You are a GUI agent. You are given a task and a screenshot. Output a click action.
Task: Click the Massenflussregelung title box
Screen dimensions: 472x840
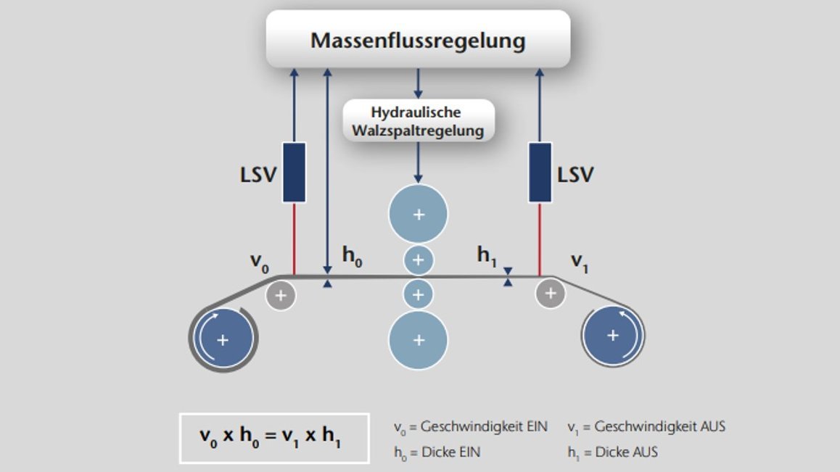coord(418,39)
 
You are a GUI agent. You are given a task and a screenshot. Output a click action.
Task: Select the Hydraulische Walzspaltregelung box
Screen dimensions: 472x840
coord(417,121)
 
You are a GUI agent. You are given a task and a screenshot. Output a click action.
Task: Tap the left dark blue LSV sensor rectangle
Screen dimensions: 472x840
coord(294,172)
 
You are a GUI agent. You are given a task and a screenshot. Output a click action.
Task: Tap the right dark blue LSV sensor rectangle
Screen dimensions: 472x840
coord(540,172)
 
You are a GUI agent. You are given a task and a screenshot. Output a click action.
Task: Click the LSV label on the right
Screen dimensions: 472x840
coord(575,175)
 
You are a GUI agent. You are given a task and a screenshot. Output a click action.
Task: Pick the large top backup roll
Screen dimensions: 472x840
coord(418,214)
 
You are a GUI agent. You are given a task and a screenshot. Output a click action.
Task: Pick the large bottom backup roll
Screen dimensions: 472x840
coord(418,339)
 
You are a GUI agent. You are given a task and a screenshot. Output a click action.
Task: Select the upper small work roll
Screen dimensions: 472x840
coord(418,260)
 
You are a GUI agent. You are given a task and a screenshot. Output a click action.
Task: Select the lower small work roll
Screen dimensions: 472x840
coord(418,294)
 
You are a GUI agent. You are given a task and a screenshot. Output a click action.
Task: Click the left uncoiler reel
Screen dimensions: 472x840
coord(223,339)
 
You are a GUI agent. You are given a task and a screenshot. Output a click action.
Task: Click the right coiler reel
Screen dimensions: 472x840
coord(613,335)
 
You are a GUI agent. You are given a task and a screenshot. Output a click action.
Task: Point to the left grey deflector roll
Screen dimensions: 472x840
coord(281,295)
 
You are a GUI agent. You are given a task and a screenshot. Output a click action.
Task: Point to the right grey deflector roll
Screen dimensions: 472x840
coord(551,294)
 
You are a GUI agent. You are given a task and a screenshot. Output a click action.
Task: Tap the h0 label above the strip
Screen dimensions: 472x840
coord(352,257)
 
